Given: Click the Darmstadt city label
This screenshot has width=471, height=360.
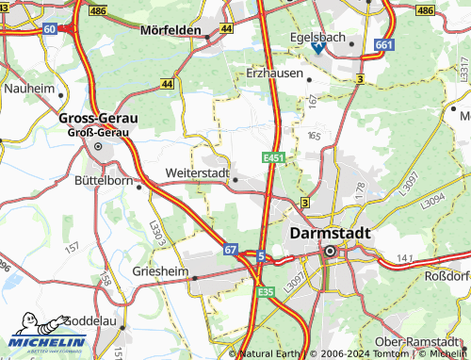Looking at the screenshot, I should coord(330,232).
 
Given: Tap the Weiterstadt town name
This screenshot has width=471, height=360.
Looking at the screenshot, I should coord(197,173).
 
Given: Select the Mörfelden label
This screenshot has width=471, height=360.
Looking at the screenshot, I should coord(172,30).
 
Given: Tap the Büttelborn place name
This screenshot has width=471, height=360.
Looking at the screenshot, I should coord(104,178).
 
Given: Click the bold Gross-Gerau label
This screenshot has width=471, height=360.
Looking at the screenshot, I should coord(98,119).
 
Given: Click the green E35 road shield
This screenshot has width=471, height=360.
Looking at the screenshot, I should coord(266,293).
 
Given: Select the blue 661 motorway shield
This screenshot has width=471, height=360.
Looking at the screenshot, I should coord(382,44).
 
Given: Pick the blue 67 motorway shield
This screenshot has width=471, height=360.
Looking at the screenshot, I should coord(231,249).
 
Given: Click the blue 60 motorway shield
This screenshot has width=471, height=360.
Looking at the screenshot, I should coord(49,29).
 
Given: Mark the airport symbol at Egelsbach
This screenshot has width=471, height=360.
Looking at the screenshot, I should coord(318,45).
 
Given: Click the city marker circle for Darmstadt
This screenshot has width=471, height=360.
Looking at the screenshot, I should coord(330,252).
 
